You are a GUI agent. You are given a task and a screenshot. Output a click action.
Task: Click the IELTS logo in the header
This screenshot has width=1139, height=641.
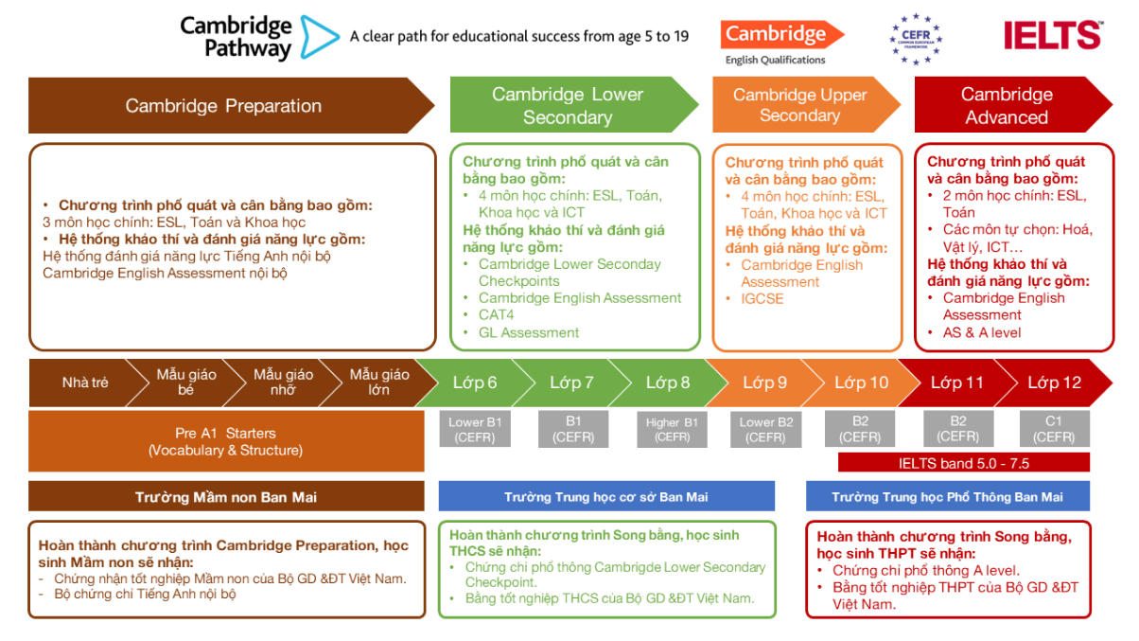(1052, 35)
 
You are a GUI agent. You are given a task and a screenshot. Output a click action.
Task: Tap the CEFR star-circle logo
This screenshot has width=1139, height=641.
(916, 39)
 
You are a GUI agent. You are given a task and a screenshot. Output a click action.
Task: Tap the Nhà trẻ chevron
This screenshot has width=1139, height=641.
(83, 383)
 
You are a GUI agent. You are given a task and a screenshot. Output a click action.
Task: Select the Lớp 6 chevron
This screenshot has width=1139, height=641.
(475, 383)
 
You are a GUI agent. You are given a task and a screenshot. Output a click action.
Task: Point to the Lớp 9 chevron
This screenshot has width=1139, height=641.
(764, 383)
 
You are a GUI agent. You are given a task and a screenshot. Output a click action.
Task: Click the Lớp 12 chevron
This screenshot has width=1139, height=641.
(1054, 383)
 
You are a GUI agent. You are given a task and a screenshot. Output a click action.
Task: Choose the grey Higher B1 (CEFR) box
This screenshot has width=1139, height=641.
(672, 429)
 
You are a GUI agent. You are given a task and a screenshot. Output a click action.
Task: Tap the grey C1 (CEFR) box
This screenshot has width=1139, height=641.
(1054, 429)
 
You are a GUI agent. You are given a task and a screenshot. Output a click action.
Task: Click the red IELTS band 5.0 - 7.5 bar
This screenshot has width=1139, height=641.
(963, 463)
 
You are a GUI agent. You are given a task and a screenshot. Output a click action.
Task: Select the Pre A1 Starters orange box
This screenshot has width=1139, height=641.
(225, 441)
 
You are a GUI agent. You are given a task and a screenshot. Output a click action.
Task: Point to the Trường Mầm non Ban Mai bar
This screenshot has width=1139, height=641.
(225, 496)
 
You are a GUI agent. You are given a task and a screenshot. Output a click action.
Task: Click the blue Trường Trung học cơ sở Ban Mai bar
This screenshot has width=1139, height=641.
(605, 496)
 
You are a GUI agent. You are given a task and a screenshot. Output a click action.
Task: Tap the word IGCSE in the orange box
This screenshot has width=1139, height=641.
(762, 298)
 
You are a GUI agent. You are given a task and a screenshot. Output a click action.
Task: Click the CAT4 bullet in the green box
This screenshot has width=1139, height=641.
(497, 314)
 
